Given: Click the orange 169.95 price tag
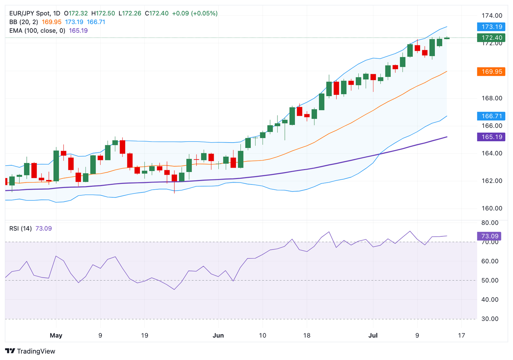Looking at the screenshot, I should point(491,71).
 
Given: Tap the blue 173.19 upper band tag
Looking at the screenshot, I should point(491,27).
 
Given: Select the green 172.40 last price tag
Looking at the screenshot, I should point(491,38).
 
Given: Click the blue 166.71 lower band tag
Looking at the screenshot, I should point(491,116).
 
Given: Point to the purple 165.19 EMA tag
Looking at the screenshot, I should point(491,137).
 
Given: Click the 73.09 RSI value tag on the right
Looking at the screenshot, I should point(489,236).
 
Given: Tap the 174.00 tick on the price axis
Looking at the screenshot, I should point(492,16).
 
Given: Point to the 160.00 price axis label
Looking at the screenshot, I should point(492,208).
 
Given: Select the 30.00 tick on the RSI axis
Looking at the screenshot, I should point(490,319).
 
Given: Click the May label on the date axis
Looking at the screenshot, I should point(56,335).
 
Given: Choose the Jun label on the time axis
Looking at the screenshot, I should point(218,335).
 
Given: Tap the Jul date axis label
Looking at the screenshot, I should point(373,335).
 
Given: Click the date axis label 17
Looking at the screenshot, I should point(461,335).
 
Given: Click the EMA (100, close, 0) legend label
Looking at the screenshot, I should point(37,31).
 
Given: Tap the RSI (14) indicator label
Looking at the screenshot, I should point(20,228).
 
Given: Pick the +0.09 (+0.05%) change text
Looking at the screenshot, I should point(195,13).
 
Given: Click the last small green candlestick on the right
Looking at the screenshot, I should point(447,38).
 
